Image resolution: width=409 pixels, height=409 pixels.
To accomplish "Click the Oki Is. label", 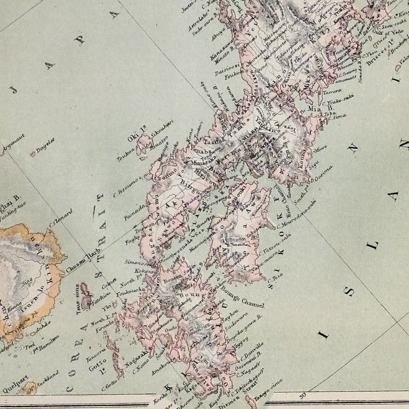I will click(132, 133).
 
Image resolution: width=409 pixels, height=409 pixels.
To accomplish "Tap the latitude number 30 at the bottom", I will click(304, 395).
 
